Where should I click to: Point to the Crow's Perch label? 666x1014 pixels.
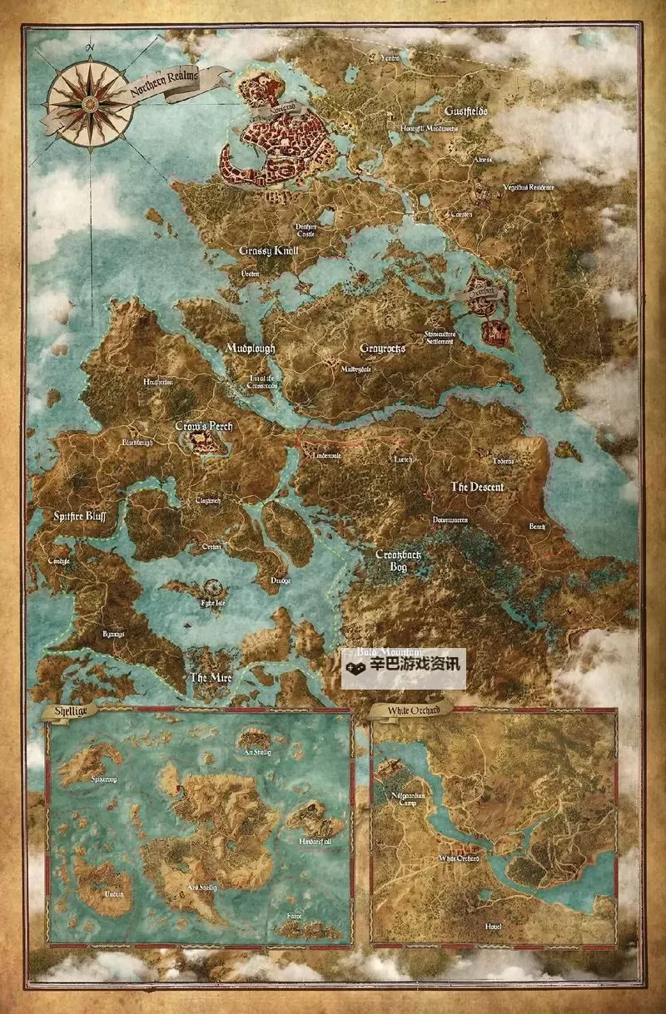[204, 427]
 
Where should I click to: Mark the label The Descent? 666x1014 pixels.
[477, 487]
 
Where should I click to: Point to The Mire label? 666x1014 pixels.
[209, 677]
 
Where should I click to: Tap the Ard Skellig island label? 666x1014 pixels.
[201, 888]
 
